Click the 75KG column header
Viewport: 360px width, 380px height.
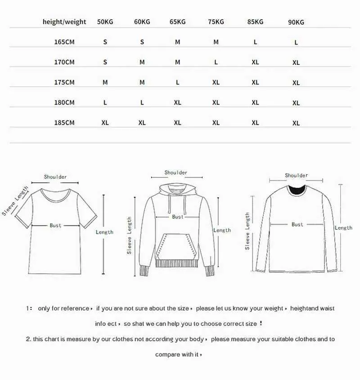coord(216,22)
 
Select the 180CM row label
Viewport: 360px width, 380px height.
coord(64,102)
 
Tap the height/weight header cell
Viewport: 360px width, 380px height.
coord(64,22)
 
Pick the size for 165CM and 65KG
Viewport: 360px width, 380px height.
coord(178,42)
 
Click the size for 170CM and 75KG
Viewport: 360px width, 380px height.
coord(216,62)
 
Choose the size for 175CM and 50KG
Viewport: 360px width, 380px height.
coord(105,82)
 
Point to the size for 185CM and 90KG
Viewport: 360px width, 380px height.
coord(296,123)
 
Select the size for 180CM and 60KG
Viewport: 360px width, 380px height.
coord(142,103)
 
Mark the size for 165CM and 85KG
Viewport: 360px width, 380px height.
coord(255,42)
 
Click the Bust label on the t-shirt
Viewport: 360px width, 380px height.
coord(55,225)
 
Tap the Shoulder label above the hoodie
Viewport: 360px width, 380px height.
coord(175,172)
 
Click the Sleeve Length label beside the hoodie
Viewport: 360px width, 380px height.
coord(129,235)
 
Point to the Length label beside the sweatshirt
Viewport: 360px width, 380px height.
coord(343,228)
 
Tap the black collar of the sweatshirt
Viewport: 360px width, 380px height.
coord(297,190)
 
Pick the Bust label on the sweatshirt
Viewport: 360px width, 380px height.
coord(297,224)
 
